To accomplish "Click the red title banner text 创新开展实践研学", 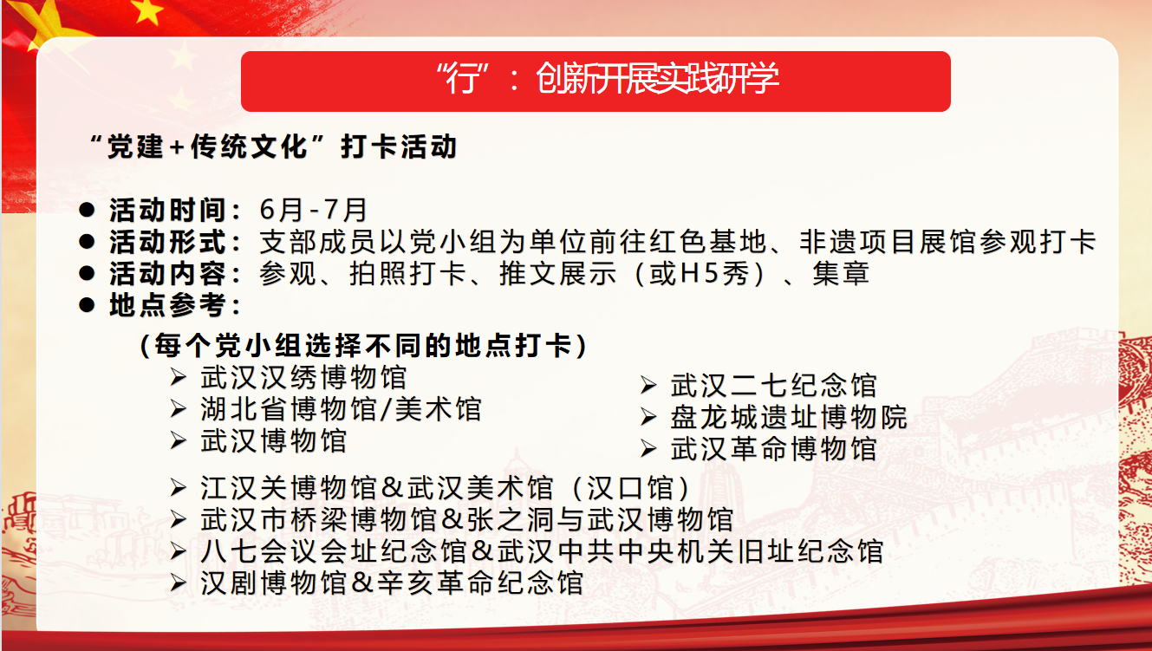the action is [x=657, y=78].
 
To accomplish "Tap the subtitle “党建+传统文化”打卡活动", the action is [x=273, y=146].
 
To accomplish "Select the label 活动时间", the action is [x=167, y=210].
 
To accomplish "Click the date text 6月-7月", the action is [x=313, y=210].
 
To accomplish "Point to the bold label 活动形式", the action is [x=167, y=242].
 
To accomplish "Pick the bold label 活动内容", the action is [x=167, y=274].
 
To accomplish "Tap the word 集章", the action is [x=841, y=274].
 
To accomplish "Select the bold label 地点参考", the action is [x=167, y=305].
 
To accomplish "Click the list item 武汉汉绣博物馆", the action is [x=303, y=377].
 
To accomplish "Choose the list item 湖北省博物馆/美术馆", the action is [x=341, y=409].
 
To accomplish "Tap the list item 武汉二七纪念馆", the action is [x=773, y=385].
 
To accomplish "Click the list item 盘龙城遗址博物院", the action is [x=789, y=417].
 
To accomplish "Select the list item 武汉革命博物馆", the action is [x=773, y=449].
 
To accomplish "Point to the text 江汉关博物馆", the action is [x=289, y=487].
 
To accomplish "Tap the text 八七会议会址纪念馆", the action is [x=333, y=551].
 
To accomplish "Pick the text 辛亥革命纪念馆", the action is [x=480, y=583].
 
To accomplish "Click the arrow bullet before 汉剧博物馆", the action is [x=178, y=583].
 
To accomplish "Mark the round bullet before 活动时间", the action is [x=87, y=210].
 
